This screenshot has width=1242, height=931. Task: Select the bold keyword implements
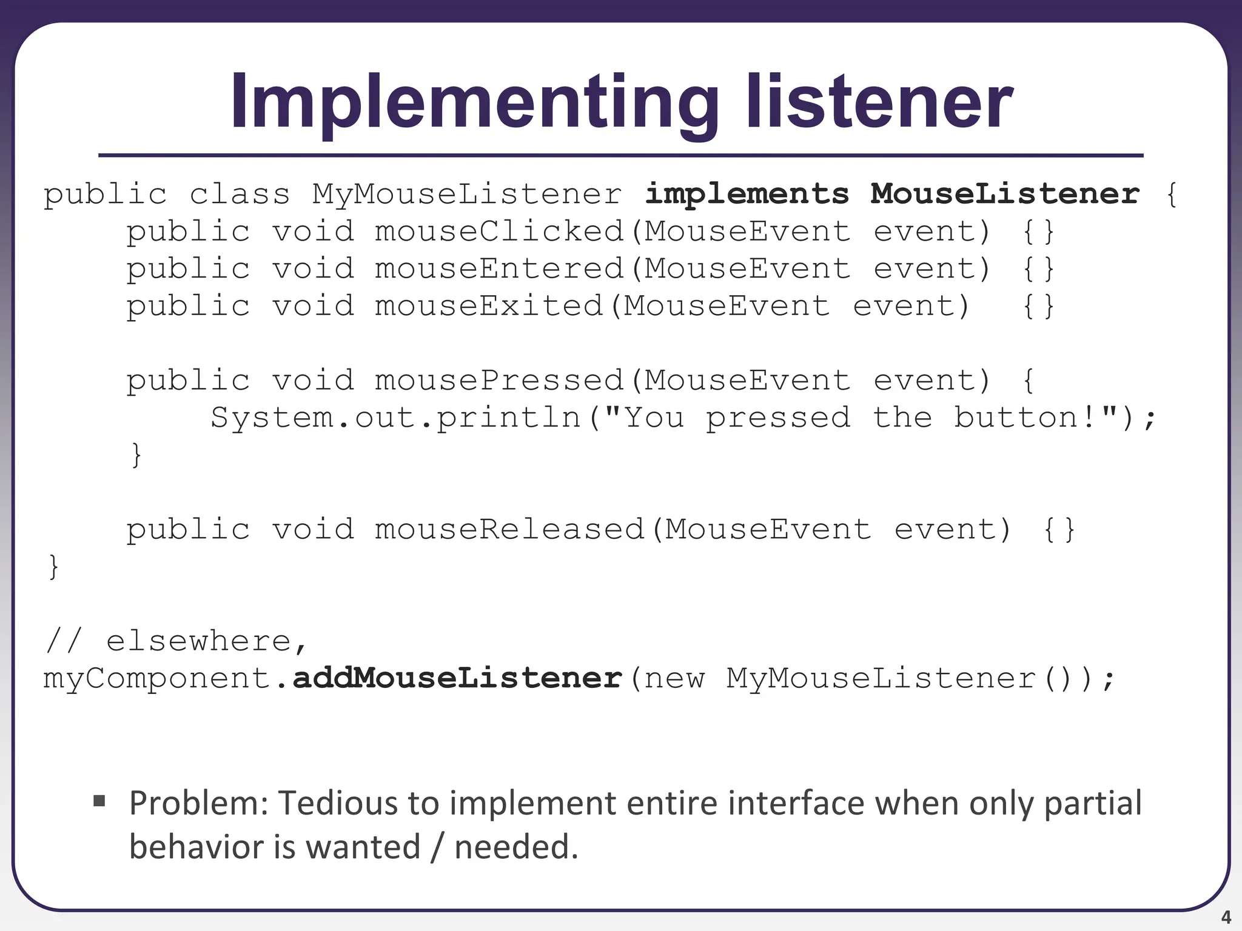click(747, 194)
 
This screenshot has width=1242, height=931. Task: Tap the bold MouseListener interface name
click(1005, 194)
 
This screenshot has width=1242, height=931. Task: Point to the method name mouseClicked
click(499, 232)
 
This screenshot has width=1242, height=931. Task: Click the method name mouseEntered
click(499, 269)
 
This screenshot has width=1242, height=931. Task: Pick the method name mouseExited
click(489, 306)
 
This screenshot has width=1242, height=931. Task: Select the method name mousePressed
click(499, 381)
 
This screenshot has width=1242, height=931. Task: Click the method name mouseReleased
click(509, 530)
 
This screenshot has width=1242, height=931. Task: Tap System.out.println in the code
click(395, 418)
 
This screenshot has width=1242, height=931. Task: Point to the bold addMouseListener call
click(458, 678)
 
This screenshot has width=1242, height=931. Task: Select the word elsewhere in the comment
click(199, 641)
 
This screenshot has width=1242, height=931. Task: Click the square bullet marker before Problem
click(99, 802)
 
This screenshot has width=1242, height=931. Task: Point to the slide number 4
click(1226, 916)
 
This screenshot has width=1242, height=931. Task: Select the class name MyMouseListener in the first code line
click(467, 195)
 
